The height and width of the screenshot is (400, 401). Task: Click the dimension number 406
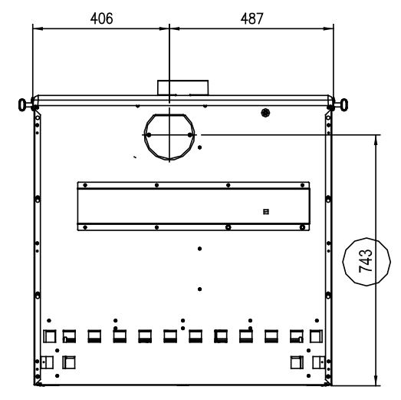(x=101, y=18)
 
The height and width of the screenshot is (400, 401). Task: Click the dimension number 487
(x=252, y=18)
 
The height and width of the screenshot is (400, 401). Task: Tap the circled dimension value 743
(x=366, y=261)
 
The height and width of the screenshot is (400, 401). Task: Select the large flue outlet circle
(x=144, y=137)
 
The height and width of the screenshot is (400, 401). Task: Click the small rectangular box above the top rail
(x=182, y=88)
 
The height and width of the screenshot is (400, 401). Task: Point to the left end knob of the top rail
(x=22, y=104)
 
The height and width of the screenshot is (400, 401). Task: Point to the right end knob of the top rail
(x=344, y=104)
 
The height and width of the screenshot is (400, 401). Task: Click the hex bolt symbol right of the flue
(x=266, y=113)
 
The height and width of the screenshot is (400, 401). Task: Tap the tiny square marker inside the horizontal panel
(x=266, y=212)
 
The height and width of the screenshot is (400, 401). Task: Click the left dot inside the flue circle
(x=149, y=134)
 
